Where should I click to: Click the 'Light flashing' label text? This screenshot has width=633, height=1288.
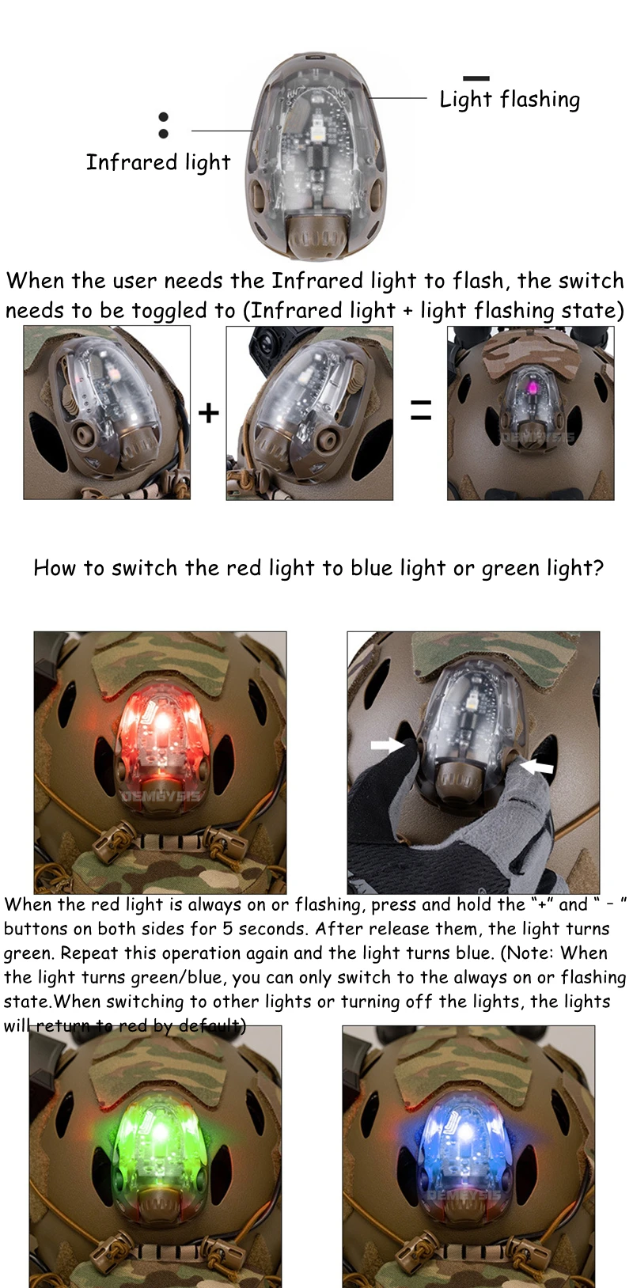point(510,100)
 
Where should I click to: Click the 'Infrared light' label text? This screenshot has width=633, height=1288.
point(158,163)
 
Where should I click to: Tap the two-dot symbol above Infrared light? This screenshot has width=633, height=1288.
point(163,125)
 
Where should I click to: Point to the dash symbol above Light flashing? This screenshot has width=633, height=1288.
point(476,78)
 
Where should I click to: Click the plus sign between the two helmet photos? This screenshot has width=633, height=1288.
point(208,413)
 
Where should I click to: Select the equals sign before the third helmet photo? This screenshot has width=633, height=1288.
point(421,410)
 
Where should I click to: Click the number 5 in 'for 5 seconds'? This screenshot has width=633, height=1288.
point(228,929)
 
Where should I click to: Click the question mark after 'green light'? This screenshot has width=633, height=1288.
point(598,568)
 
